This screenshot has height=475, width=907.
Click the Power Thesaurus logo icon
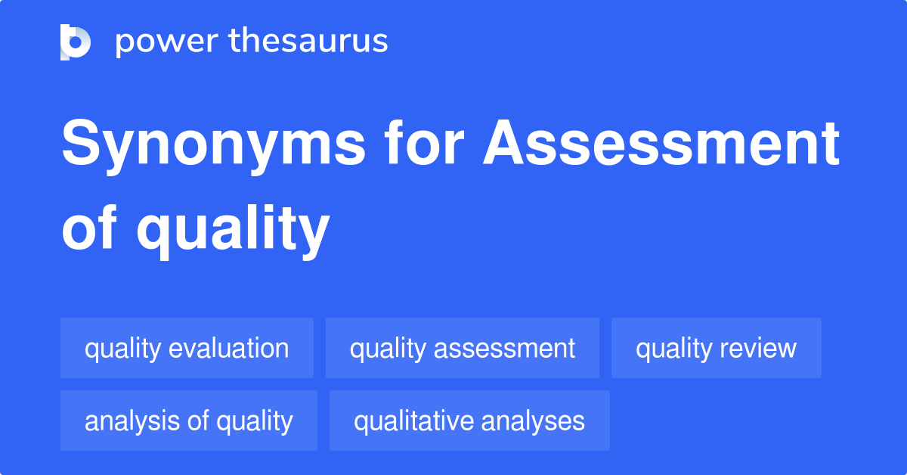[76, 42]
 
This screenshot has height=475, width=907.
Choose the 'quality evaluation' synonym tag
[187, 349]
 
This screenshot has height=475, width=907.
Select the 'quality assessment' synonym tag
[463, 349]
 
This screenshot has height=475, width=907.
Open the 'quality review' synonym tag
[716, 349]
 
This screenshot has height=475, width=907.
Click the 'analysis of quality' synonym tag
[188, 421]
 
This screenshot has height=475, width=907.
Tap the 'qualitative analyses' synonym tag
[469, 421]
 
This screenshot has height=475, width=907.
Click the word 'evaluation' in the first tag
[228, 349]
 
